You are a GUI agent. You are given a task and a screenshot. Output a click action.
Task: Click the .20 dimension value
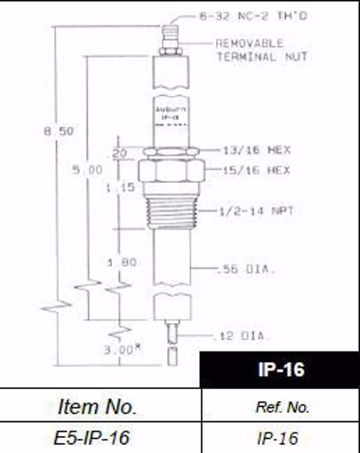(123, 153)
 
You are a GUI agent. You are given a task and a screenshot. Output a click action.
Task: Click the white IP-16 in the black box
(282, 370)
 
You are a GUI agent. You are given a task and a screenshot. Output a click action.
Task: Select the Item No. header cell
(97, 407)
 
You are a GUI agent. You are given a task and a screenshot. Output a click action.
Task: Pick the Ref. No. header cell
(281, 408)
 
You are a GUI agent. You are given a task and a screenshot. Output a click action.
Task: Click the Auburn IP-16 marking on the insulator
(169, 112)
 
